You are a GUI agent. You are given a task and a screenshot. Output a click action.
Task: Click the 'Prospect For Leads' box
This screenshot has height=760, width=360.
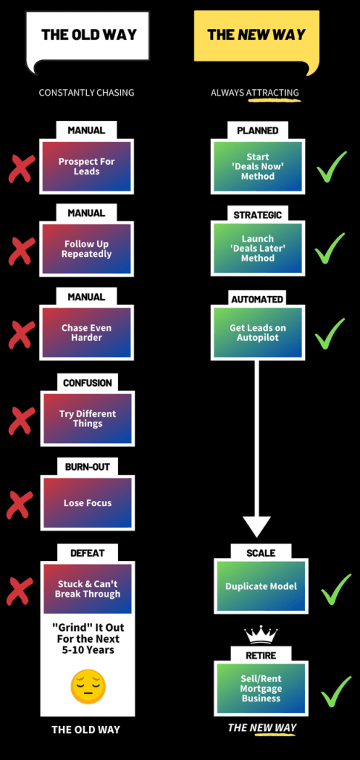[86, 167]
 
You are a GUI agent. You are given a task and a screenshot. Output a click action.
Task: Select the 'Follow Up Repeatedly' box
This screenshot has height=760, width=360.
[86, 249]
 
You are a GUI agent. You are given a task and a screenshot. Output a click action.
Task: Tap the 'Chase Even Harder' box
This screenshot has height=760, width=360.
[86, 332]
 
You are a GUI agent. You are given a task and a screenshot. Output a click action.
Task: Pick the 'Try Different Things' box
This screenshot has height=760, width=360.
[87, 419]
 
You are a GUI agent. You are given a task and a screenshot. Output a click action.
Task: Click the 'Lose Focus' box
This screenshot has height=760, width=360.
[87, 502]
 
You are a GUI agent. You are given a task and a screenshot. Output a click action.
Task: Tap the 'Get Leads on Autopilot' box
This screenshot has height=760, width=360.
[258, 332]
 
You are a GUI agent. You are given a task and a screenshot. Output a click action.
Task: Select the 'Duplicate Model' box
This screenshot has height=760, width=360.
[261, 586]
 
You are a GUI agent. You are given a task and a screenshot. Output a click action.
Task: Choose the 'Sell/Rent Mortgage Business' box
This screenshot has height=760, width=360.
[261, 688]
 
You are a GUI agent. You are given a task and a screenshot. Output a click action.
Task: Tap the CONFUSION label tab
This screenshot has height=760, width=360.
[87, 383]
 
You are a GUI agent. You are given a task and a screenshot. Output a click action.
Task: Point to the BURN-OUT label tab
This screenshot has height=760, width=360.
[87, 468]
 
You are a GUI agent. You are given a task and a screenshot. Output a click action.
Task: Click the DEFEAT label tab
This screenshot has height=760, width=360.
[87, 553]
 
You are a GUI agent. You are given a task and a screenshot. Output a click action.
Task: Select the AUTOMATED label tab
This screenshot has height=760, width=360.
[257, 300]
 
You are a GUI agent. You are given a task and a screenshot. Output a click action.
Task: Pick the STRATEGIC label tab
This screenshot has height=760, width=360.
[258, 215]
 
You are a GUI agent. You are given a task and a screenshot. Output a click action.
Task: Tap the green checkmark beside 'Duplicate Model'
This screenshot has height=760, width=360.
[336, 589]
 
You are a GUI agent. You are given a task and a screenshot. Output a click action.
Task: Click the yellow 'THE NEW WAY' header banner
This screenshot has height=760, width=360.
[257, 39]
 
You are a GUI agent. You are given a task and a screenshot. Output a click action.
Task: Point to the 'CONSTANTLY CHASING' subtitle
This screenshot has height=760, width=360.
[86, 93]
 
